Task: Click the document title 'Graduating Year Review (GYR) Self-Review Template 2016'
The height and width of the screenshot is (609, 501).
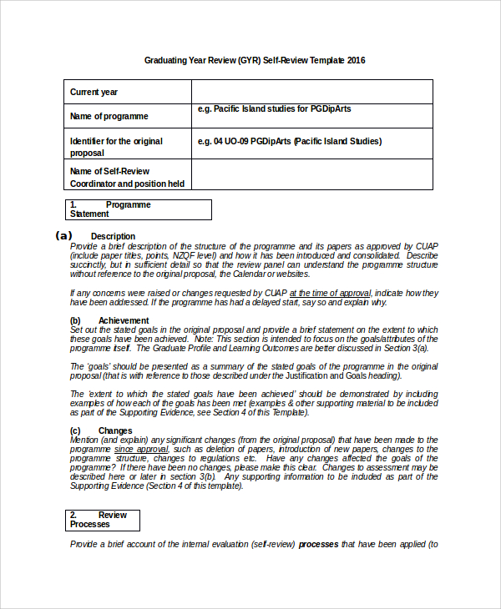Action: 255,61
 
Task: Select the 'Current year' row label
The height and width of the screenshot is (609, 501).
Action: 94,92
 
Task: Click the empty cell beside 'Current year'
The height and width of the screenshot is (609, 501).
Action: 311,92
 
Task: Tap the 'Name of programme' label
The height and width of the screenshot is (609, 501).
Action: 109,117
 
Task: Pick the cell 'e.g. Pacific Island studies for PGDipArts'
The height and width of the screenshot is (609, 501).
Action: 288,109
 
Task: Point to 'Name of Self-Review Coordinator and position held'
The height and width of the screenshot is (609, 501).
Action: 127,178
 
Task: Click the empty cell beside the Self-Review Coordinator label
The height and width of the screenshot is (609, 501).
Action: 311,174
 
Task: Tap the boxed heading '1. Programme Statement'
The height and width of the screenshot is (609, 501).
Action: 137,209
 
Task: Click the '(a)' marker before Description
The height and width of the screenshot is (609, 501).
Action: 63,236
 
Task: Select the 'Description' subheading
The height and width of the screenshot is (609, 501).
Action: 113,236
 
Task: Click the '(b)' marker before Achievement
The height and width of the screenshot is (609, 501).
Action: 75,320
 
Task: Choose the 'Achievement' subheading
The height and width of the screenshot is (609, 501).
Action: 124,320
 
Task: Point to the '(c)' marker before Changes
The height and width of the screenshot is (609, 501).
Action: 75,430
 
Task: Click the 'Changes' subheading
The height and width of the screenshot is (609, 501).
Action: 115,430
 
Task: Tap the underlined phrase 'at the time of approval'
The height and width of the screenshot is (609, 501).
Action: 330,293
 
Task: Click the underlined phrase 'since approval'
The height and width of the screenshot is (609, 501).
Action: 141,449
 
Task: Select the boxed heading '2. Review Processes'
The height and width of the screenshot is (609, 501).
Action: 102,520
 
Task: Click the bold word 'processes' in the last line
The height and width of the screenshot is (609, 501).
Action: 318,544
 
